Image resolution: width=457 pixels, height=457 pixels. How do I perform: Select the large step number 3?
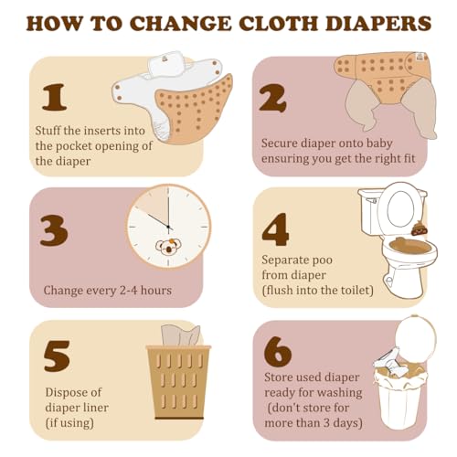coord(54,229)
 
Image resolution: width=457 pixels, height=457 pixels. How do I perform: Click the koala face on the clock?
coord(166,247)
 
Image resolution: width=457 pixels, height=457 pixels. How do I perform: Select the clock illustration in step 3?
coord(167,227)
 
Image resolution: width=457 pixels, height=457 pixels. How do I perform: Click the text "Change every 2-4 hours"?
coord(108,291)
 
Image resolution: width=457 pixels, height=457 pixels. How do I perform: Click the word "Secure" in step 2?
coord(282,143)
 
